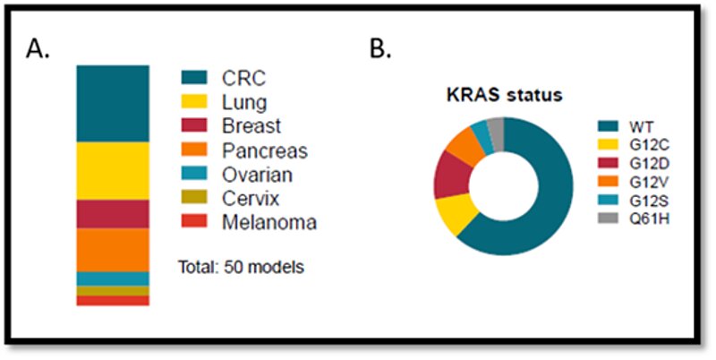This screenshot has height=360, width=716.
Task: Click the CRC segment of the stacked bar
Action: pos(112,103)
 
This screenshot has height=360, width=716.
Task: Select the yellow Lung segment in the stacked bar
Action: pos(112,170)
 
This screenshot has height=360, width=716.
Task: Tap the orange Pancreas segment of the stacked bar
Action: pos(112,249)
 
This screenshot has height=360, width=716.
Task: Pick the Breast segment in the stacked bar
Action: pos(112,214)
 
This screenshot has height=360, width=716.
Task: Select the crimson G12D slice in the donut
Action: pos(447,179)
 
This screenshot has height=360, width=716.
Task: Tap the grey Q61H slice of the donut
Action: pos(495,131)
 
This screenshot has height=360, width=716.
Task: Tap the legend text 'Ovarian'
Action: pos(257,175)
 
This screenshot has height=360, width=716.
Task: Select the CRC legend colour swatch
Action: pos(194,78)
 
